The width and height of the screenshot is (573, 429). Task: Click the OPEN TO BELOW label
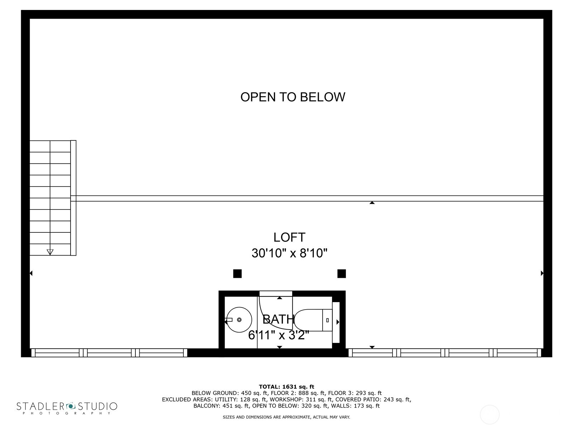(293, 97)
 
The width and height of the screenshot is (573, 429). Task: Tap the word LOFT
(289, 237)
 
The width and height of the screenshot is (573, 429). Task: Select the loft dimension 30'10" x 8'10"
(289, 253)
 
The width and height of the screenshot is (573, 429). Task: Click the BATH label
(278, 319)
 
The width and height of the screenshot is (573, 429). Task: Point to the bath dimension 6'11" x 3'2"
(279, 335)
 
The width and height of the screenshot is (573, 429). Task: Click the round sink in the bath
(239, 320)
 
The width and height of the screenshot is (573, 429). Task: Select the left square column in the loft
(237, 274)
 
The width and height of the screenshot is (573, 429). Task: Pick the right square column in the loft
(342, 274)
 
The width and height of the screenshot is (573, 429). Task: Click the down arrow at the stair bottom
(50, 252)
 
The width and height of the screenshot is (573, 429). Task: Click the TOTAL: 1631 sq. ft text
(286, 386)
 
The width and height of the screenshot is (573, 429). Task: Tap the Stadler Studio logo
(67, 408)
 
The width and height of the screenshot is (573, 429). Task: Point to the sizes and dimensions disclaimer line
(286, 417)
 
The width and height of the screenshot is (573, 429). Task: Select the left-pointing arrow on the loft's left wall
(31, 273)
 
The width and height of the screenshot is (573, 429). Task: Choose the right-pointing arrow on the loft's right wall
(542, 273)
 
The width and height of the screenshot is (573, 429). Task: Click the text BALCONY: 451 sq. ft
(221, 406)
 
